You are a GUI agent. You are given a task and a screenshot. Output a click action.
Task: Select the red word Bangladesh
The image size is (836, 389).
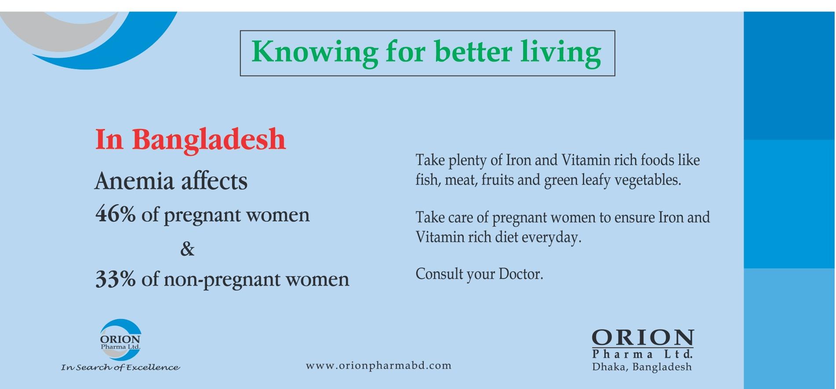[209, 140]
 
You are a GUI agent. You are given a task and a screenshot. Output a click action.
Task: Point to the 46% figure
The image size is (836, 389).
[116, 214]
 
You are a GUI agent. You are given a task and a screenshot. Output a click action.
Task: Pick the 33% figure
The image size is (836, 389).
[116, 279]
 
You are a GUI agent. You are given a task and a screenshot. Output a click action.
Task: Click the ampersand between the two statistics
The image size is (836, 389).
[187, 249]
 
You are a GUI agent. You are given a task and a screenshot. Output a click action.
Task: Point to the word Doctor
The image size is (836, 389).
[521, 274]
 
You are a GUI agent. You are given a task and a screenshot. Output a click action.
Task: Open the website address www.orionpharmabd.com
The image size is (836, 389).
[378, 366]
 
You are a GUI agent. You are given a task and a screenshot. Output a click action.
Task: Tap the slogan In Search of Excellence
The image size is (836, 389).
[120, 367]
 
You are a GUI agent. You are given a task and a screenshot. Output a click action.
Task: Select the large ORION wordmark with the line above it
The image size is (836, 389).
[643, 338]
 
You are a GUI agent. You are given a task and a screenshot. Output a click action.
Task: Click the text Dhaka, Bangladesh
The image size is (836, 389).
[642, 367]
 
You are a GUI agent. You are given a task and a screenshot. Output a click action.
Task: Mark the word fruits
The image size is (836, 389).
[498, 180]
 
